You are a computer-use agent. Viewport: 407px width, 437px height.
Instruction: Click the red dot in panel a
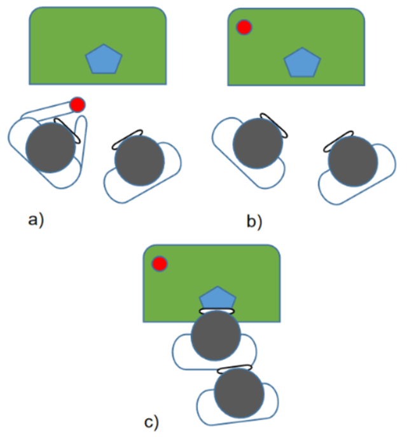pyautogui.click(x=78, y=105)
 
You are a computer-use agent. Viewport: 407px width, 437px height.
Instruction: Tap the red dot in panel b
pyautogui.click(x=244, y=27)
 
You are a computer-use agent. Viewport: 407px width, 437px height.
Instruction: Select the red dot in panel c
pyautogui.click(x=159, y=264)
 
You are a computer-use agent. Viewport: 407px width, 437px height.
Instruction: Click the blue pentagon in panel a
pyautogui.click(x=104, y=59)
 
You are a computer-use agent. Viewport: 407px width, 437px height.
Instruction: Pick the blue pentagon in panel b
pyautogui.click(x=302, y=63)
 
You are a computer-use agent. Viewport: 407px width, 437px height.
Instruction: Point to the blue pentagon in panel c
pyautogui.click(x=217, y=298)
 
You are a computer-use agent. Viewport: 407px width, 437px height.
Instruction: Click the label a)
pyautogui.click(x=36, y=220)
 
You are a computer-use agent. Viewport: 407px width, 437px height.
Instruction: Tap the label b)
pyautogui.click(x=254, y=222)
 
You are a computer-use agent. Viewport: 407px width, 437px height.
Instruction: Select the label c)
pyautogui.click(x=151, y=422)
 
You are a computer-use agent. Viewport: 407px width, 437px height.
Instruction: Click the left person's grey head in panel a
pyautogui.click(x=50, y=148)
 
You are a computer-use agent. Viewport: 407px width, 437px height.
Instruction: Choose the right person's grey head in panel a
pyautogui.click(x=139, y=161)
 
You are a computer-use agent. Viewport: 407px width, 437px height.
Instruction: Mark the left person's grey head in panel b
pyautogui.click(x=258, y=144)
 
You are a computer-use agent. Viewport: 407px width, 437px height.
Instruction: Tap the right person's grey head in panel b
pyautogui.click(x=353, y=161)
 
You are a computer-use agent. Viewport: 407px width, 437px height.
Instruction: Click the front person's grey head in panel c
pyautogui.click(x=216, y=335)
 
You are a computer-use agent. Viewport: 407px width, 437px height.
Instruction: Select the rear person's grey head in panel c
pyautogui.click(x=239, y=393)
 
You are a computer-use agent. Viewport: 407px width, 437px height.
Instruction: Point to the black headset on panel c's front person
pyautogui.click(x=216, y=311)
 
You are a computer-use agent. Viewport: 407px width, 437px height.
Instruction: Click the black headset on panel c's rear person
pyautogui.click(x=235, y=369)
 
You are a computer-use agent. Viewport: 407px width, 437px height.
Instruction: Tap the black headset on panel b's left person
pyautogui.click(x=274, y=125)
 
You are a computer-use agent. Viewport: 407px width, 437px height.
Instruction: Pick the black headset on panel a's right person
pyautogui.click(x=127, y=139)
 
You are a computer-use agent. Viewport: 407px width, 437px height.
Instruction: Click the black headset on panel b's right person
pyautogui.click(x=338, y=141)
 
